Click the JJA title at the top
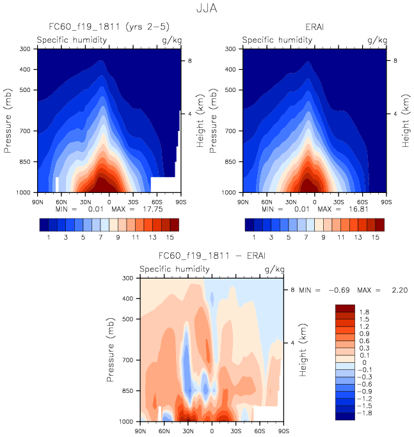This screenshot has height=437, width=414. [207, 10]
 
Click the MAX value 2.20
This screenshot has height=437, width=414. [395, 290]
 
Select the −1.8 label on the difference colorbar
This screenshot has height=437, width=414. [364, 413]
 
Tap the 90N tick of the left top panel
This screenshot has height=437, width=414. [38, 202]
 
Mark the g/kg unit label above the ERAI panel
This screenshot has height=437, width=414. [378, 40]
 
